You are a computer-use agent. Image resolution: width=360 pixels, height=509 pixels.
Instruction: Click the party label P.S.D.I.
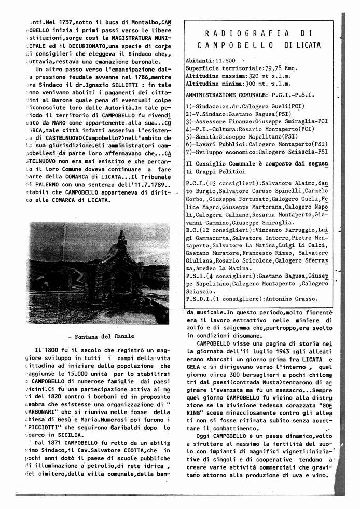coord(197,299)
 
